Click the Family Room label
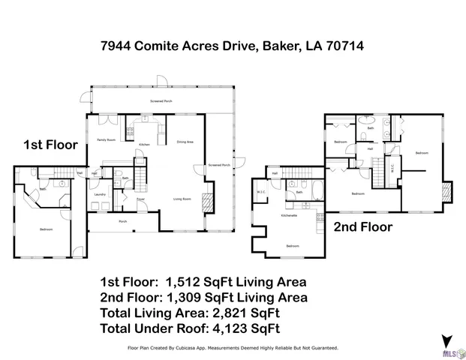click(x=107, y=140)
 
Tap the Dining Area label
click(x=185, y=142)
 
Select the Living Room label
click(x=182, y=199)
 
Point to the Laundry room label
click(x=100, y=195)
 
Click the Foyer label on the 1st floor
click(x=140, y=199)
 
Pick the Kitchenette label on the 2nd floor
click(x=290, y=215)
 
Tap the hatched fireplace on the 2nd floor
click(x=447, y=191)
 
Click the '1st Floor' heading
click(x=50, y=145)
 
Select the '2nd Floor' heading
click(x=363, y=226)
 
